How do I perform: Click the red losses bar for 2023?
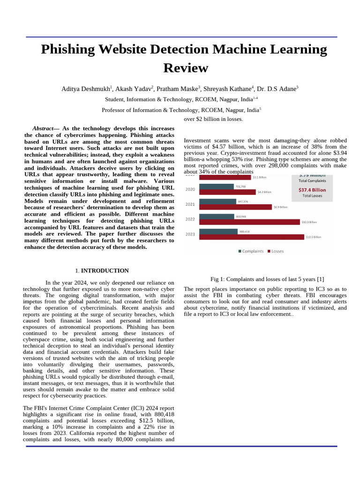pos(251,237)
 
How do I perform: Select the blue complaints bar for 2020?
pos(216,186)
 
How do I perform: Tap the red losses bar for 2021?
pos(235,207)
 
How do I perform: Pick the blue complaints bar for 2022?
pos(217,217)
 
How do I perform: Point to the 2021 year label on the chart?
pos(190,204)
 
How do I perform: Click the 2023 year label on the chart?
pos(190,234)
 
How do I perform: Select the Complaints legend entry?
pos(251,251)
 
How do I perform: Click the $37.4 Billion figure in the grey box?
pos(312,190)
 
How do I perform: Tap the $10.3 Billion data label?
pos(309,222)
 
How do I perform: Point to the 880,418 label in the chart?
pos(244,232)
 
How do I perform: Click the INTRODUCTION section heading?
pos(105,271)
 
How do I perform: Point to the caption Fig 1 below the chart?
pos(267,279)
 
